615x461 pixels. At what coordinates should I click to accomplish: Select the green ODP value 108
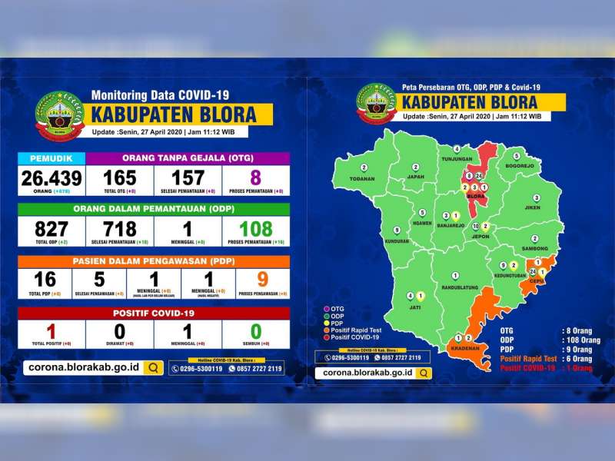tap(255, 228)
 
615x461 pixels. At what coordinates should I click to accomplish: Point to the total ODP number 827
tap(52, 228)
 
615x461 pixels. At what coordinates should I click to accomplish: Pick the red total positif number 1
tap(52, 331)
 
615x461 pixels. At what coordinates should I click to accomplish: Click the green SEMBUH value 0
tap(255, 331)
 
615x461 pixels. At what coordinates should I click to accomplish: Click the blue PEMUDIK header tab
tap(52, 158)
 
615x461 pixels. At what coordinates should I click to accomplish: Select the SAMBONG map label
tap(534, 249)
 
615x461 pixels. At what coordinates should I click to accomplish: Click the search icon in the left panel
tap(154, 368)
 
